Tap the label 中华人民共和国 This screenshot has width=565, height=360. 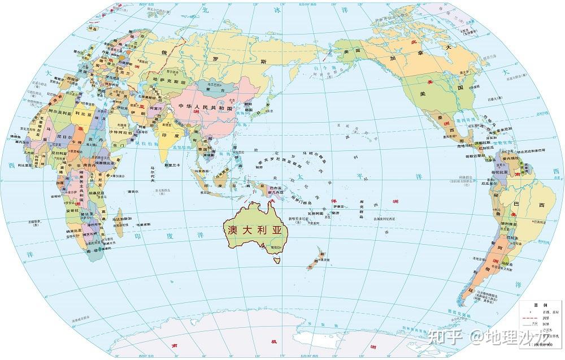pyautogui.click(x=205, y=107)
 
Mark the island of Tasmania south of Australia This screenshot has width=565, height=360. pyautogui.click(x=277, y=260)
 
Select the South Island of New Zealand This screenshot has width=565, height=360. pyautogui.click(x=312, y=263)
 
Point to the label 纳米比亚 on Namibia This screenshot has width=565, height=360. pyautogui.click(x=76, y=232)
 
